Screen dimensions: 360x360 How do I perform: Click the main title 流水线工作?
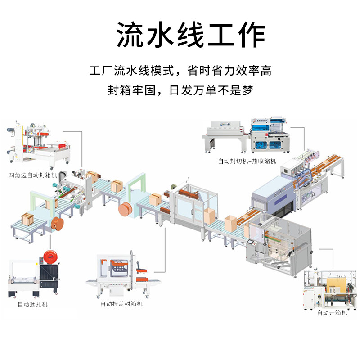point(191,34)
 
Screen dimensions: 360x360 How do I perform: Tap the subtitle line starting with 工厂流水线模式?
point(180,71)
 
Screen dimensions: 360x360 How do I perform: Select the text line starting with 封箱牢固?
point(180,90)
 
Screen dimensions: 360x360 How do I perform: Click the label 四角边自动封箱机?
point(33,175)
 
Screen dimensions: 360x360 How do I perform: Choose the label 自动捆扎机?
point(32,304)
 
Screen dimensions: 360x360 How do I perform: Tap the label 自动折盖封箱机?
point(121,304)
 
